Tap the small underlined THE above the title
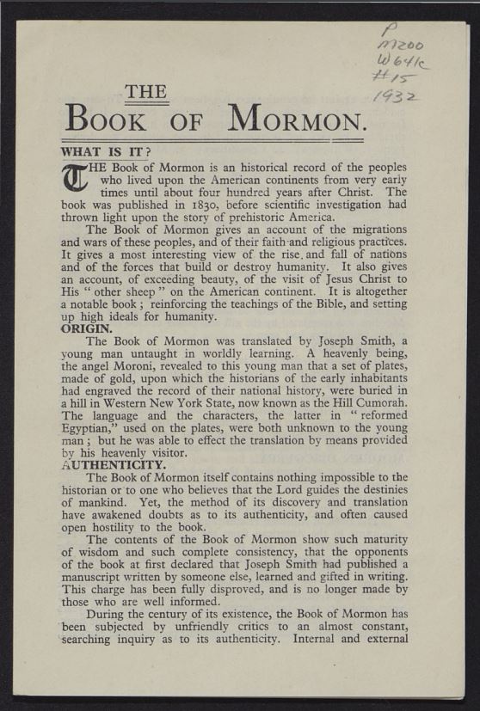click(x=145, y=92)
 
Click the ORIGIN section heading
click(x=86, y=328)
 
